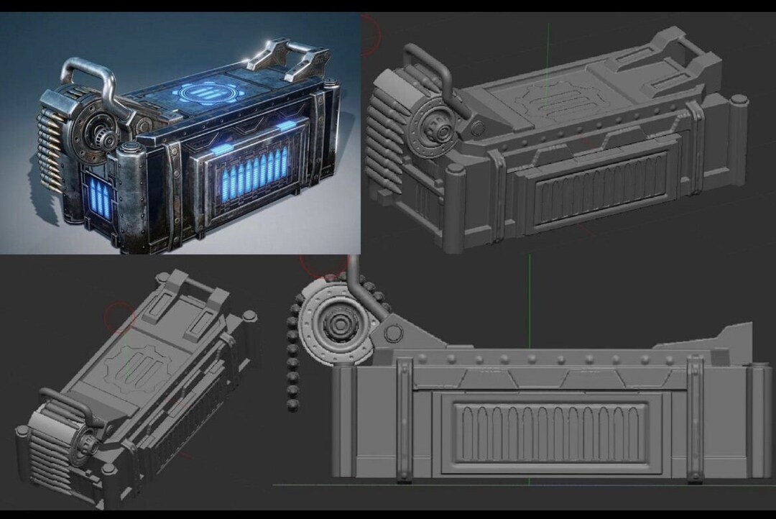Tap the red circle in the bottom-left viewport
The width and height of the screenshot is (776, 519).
tap(119, 316)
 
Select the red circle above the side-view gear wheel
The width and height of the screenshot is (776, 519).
tap(323, 265)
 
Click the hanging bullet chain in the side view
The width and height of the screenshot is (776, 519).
tap(292, 359)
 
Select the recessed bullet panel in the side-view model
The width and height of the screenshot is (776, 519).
tap(550, 432)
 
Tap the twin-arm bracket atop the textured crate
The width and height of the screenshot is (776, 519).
tap(287, 59)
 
